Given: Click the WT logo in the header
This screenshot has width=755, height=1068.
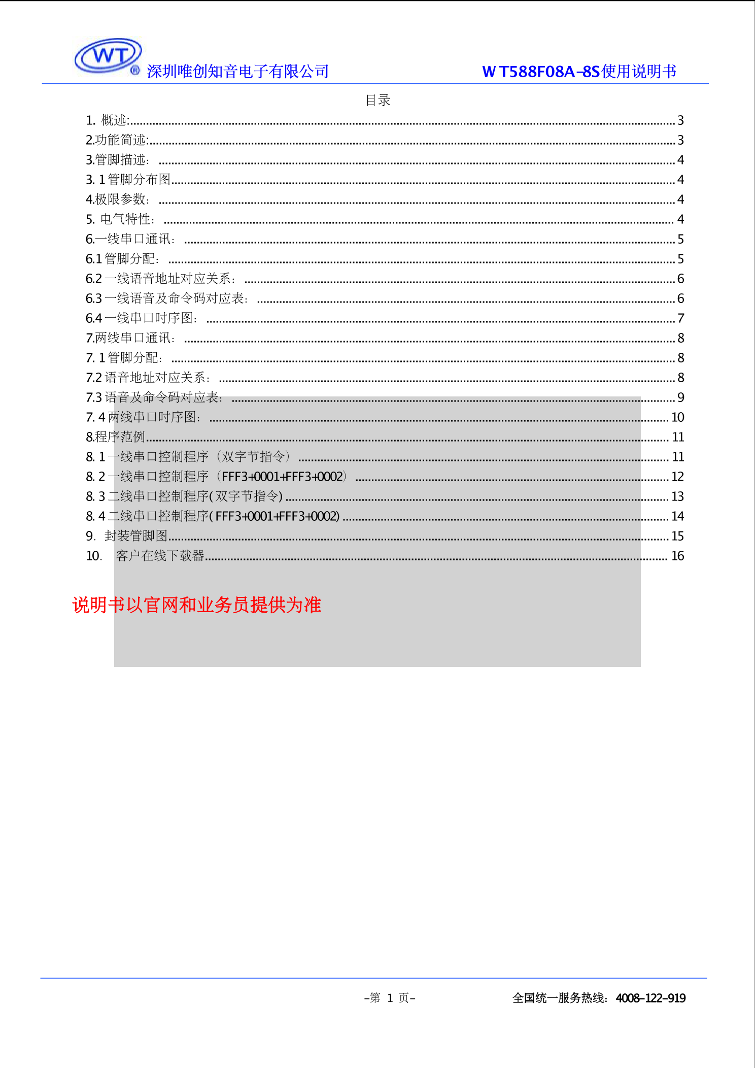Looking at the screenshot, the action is tap(108, 56).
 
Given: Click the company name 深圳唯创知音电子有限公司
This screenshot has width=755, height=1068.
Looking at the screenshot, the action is tap(237, 72).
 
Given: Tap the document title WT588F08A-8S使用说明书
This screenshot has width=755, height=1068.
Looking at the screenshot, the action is tap(579, 72).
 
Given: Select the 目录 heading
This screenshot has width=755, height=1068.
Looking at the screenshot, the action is tap(378, 101).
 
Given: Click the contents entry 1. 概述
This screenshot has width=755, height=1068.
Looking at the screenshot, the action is tap(108, 120).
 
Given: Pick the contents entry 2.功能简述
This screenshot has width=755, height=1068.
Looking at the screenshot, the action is tap(117, 140).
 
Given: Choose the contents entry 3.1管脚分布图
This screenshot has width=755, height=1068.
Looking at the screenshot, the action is tap(128, 180).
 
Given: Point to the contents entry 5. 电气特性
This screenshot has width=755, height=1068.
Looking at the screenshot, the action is tap(120, 219).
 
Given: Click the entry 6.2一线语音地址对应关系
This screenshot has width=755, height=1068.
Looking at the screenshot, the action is tap(160, 279).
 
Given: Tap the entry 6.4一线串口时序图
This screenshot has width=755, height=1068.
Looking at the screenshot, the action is tap(142, 318).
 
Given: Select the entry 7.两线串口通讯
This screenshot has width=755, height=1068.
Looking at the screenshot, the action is tap(130, 338).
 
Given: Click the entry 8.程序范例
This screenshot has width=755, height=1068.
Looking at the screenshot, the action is tap(116, 437).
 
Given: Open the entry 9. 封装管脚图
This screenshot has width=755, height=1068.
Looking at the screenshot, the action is tap(127, 536).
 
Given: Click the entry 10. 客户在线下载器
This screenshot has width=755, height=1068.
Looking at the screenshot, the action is tap(145, 556).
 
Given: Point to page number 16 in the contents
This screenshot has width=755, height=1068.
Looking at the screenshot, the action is tap(678, 556).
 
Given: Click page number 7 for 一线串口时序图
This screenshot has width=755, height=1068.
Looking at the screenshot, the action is tap(681, 318).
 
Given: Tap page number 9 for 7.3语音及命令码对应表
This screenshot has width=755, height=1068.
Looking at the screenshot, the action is tap(681, 397).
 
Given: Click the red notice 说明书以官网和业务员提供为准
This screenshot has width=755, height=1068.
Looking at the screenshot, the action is tap(197, 605).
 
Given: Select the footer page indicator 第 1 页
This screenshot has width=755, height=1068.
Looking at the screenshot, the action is tap(390, 998).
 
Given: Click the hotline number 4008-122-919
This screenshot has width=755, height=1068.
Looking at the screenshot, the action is tap(650, 998).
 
